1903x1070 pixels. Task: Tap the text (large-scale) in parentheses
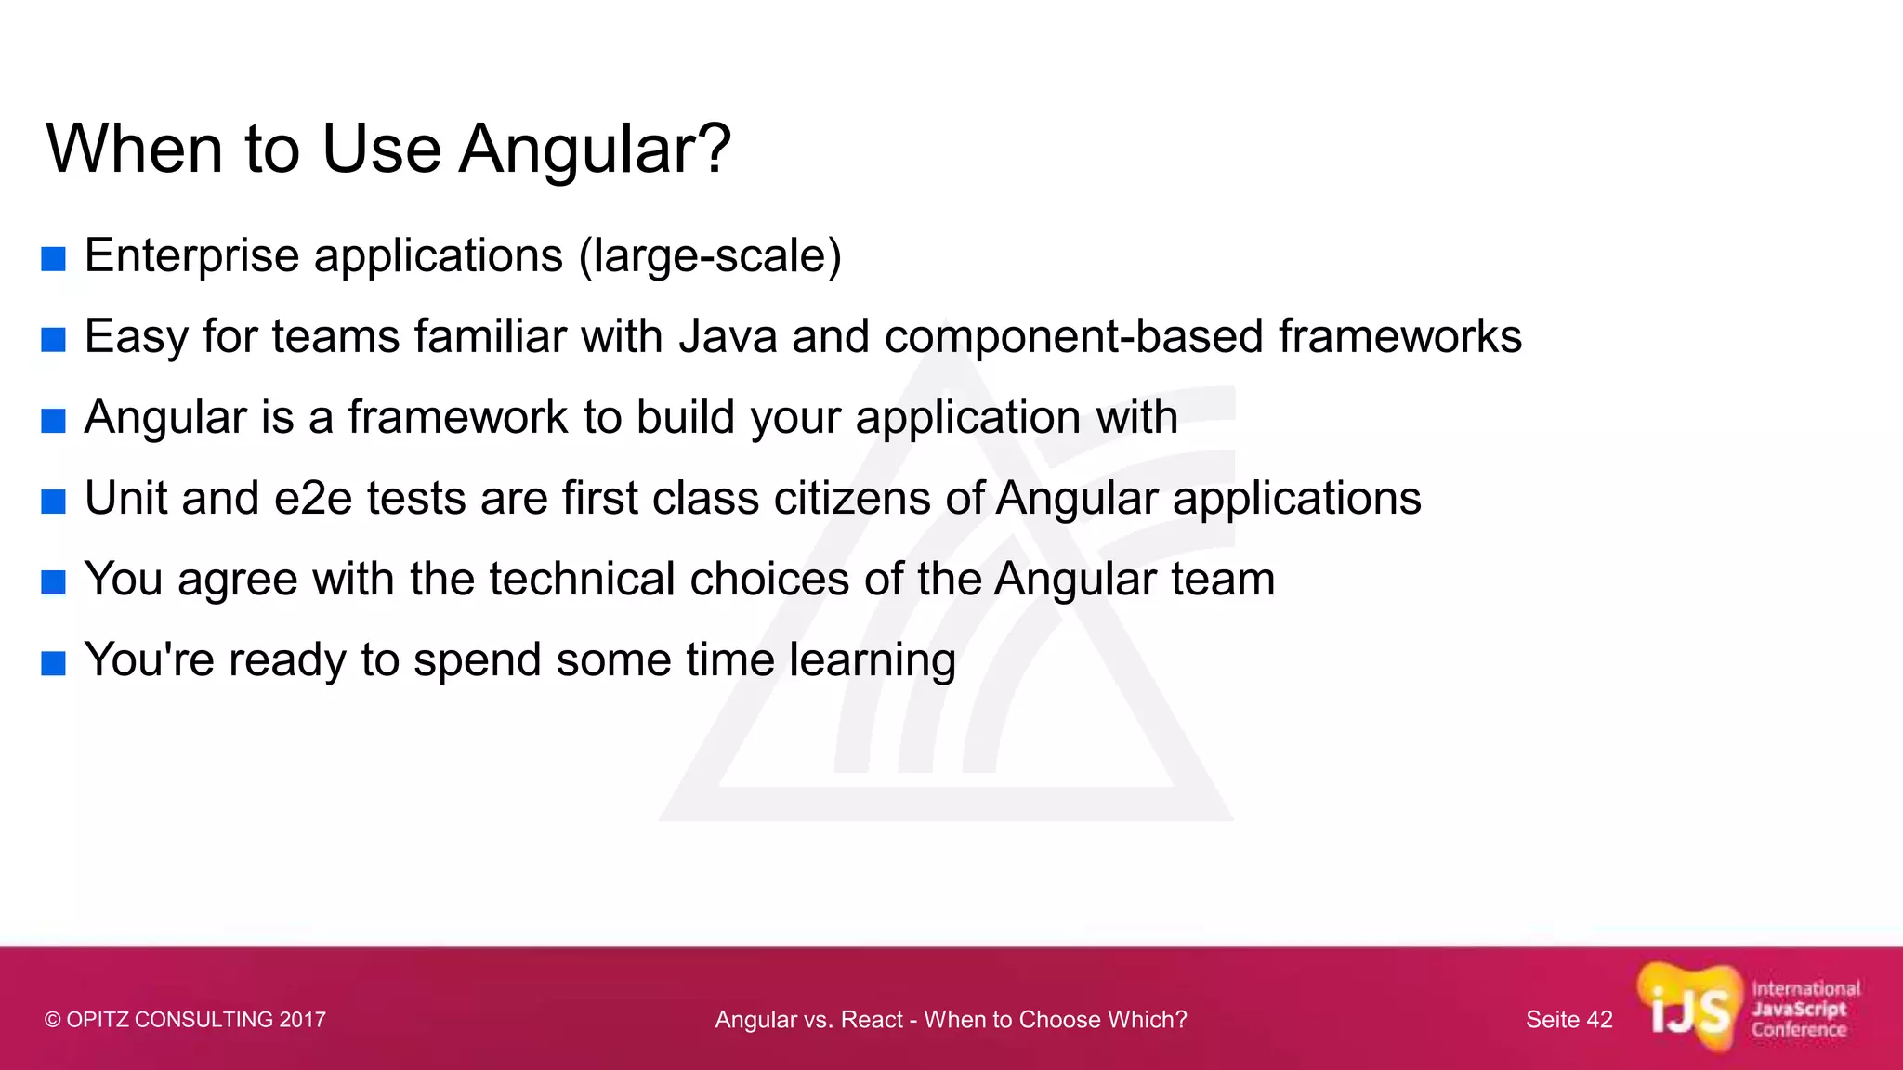point(710,256)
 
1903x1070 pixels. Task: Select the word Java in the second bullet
point(728,336)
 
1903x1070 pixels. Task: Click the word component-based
point(1073,336)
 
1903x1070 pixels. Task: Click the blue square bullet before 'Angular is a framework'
point(54,421)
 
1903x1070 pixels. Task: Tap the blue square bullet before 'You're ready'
point(54,663)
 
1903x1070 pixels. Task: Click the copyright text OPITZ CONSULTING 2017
point(185,1020)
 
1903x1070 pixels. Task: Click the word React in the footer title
point(871,1020)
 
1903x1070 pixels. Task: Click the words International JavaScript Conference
point(1805,1010)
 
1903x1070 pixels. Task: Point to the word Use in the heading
point(381,149)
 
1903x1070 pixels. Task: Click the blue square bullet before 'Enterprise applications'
point(54,259)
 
